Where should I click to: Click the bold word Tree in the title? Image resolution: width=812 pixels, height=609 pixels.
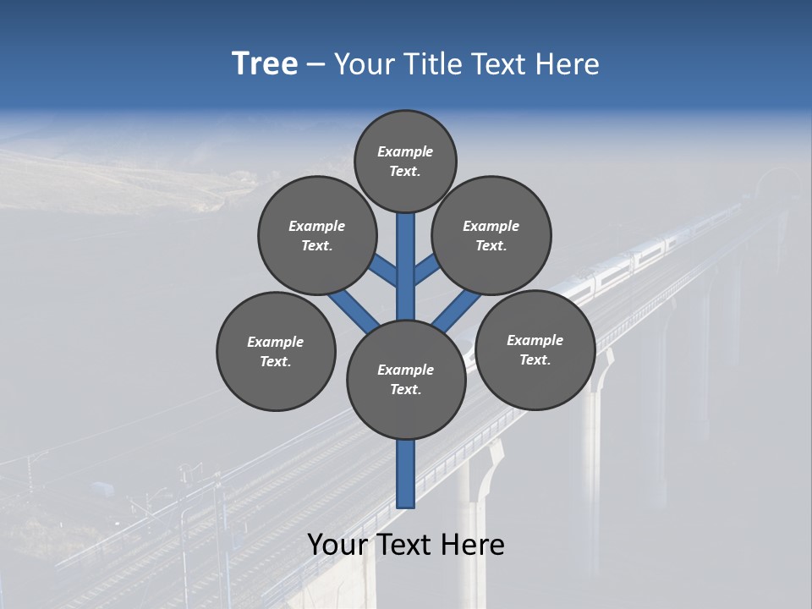(x=265, y=64)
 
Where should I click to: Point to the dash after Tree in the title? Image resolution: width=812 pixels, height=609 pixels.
(x=316, y=65)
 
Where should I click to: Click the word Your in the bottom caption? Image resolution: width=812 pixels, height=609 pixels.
(x=337, y=545)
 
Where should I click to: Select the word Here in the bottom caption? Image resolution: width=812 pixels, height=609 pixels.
(x=473, y=545)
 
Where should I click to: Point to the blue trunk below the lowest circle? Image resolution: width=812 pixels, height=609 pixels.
(x=406, y=474)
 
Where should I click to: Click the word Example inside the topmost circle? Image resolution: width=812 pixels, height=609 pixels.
(x=405, y=151)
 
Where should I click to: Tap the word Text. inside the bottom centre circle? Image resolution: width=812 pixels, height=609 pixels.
(x=405, y=389)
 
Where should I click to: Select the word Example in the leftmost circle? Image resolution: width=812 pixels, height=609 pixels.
(x=275, y=342)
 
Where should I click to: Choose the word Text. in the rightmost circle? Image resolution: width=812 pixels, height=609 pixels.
(x=535, y=359)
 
